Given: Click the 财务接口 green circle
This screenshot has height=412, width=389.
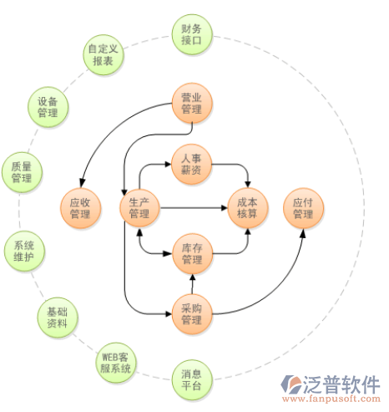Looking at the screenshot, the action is click(x=192, y=34).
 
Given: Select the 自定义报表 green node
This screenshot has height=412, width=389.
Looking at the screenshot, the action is click(x=104, y=55).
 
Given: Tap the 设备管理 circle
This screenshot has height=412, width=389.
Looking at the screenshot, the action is click(x=48, y=107).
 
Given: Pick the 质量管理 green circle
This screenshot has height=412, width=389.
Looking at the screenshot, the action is click(x=22, y=172).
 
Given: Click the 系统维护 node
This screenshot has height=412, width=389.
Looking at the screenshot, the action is click(x=24, y=252).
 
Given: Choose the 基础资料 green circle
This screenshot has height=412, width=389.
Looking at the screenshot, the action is click(x=58, y=318).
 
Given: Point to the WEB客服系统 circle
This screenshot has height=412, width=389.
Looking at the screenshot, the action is click(x=116, y=363).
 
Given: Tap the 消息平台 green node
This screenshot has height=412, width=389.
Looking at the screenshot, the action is click(x=192, y=380).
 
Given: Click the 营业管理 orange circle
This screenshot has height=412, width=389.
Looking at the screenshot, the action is click(x=192, y=104).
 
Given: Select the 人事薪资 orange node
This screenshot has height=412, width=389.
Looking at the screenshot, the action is click(x=191, y=165).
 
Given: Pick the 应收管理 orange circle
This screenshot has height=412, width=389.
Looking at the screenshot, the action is click(x=80, y=208).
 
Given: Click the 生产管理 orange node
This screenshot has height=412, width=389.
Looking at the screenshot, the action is click(x=139, y=208).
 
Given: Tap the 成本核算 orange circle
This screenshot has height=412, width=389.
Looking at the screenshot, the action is click(x=248, y=208).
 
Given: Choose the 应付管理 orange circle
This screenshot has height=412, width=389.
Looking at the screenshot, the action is click(x=303, y=208).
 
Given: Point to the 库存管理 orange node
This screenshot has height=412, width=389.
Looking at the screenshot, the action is click(x=192, y=254).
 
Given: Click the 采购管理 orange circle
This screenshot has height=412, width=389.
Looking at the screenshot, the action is click(x=192, y=314).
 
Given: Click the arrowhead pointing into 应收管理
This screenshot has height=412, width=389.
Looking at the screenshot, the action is click(x=82, y=183).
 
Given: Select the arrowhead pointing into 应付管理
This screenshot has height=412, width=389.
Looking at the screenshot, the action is click(x=303, y=233).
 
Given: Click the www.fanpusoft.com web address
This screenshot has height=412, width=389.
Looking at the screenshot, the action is click(x=331, y=399).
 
